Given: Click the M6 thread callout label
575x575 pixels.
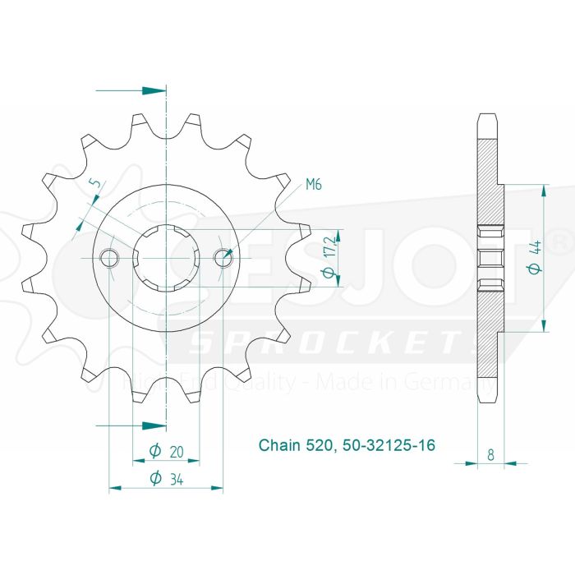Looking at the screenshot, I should coord(313,185).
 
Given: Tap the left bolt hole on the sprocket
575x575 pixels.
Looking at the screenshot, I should coord(109,259).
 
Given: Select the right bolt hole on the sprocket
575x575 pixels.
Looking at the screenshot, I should coord(223,259).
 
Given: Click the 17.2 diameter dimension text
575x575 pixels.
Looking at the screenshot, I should coord(330,258).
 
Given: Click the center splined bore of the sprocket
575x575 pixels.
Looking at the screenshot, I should coord(166,258).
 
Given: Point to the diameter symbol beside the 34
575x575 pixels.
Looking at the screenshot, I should coord(154,480).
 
